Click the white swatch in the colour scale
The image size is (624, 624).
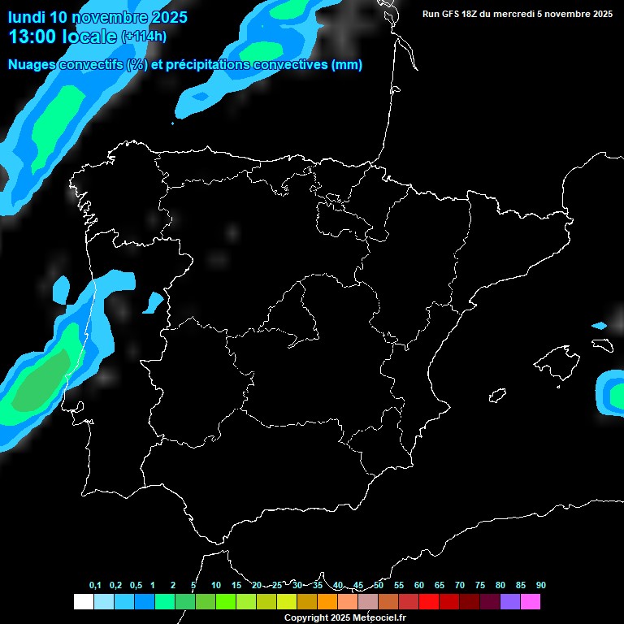pos(83,601)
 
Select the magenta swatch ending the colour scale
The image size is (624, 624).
pos(531,601)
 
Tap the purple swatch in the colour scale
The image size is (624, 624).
pos(510,601)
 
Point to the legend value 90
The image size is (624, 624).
pos(541,586)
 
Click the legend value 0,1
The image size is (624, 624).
pos(95,586)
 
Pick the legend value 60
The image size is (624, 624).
pos(419,586)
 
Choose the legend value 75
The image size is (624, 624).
pos(480,586)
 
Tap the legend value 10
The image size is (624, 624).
pos(216,586)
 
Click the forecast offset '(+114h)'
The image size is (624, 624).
pos(144,37)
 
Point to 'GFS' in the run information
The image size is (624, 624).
pos(454,14)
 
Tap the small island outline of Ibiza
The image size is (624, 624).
pos(497,396)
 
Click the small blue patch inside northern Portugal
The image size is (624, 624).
pos(153,303)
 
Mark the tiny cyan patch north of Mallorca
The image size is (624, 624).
pos(599,326)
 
